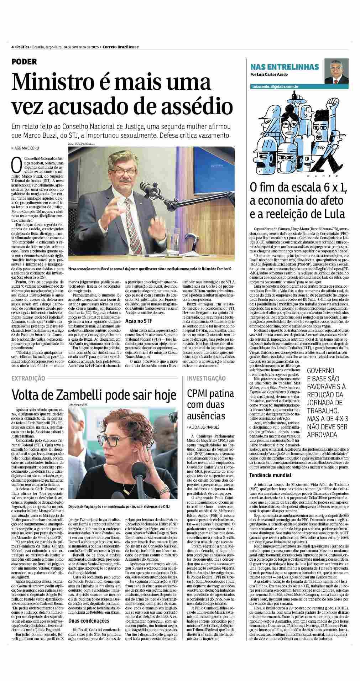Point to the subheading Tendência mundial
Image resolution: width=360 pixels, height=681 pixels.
[x=270, y=475]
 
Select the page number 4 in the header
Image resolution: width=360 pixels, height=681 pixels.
[x=12, y=47]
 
